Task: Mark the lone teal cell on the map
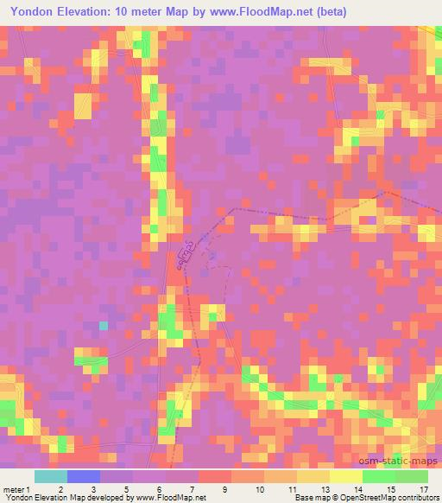104,326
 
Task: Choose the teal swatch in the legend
50,476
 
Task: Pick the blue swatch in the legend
83,476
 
